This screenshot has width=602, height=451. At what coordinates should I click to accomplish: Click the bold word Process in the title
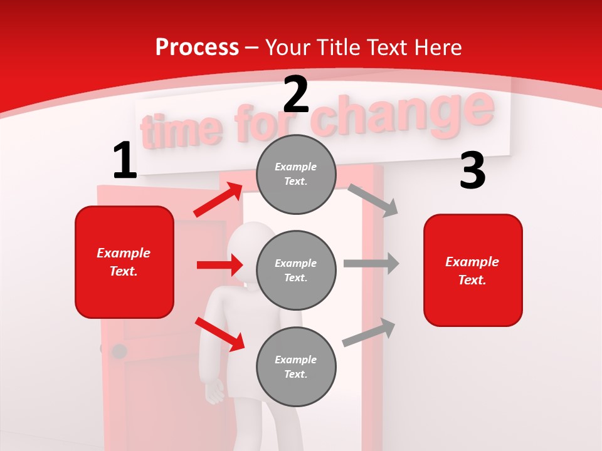[x=197, y=47]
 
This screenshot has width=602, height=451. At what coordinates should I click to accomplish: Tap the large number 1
[x=125, y=161]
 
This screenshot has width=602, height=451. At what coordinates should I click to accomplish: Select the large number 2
[x=296, y=95]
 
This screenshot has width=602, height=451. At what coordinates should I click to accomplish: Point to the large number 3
[x=472, y=170]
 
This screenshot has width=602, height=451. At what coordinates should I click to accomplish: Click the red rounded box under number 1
[x=124, y=262]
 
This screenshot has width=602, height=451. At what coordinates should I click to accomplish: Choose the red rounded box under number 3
[x=473, y=270]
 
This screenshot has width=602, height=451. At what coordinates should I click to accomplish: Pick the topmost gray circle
[x=296, y=174]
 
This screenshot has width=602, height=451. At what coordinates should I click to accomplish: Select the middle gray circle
[x=296, y=270]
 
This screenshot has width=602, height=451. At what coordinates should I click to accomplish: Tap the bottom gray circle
[x=296, y=366]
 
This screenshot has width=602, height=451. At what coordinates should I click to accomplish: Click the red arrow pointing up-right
[x=218, y=199]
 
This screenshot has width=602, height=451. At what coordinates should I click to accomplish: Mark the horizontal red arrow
[x=219, y=265]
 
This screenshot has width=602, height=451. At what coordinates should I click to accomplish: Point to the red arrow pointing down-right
[x=219, y=334]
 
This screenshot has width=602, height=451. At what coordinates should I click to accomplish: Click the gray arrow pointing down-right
[x=373, y=200]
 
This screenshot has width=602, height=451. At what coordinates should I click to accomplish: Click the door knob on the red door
[x=119, y=351]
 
